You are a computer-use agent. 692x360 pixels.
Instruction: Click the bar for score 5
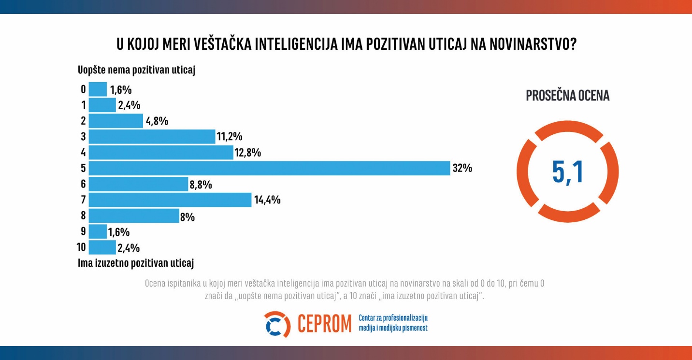tap(270, 168)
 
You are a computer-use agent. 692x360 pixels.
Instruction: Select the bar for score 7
tap(170, 200)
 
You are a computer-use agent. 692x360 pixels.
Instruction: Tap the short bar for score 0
tap(98, 89)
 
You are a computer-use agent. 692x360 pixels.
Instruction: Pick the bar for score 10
tap(102, 247)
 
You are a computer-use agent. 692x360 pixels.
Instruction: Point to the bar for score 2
tap(116, 121)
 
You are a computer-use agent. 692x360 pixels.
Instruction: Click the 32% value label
tap(462, 169)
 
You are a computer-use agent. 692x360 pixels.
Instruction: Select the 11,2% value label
tap(230, 137)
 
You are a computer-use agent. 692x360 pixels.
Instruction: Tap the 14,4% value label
tap(267, 200)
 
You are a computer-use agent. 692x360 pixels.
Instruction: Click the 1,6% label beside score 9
tap(119, 232)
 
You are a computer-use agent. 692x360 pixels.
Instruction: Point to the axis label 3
tap(83, 136)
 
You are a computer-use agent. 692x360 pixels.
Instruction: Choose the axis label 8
tap(83, 216)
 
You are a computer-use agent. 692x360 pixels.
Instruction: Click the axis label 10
tap(81, 247)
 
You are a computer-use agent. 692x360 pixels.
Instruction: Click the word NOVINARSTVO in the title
tap(532, 44)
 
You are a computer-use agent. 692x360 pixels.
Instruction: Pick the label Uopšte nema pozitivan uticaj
tap(136, 71)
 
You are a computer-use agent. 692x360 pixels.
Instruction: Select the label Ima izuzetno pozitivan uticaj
tap(136, 263)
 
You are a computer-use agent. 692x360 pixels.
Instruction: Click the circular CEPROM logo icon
tap(277, 324)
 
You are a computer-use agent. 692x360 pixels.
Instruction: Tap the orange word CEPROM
tap(324, 324)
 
